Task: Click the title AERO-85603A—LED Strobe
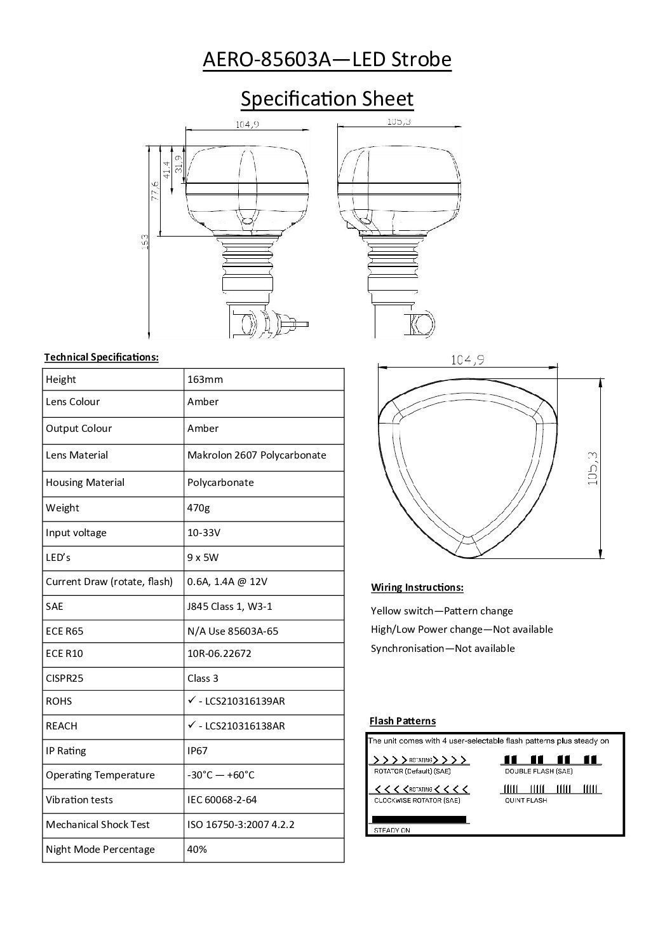pyautogui.click(x=326, y=60)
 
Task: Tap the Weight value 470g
pyautogui.click(x=198, y=507)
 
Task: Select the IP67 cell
pyautogui.click(x=198, y=750)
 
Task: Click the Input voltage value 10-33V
pyautogui.click(x=204, y=532)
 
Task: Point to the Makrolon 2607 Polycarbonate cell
pyautogui.click(x=257, y=455)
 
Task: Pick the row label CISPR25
pyautogui.click(x=64, y=678)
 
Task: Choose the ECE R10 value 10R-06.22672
pyautogui.click(x=219, y=653)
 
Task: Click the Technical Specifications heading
pyautogui.click(x=101, y=357)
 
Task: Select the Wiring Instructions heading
pyautogui.click(x=417, y=587)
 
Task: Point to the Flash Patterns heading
pyautogui.click(x=403, y=721)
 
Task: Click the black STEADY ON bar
pyautogui.click(x=419, y=820)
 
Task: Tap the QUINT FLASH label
pyautogui.click(x=526, y=800)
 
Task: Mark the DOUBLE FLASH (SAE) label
pyautogui.click(x=539, y=771)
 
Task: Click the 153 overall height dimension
pyautogui.click(x=145, y=242)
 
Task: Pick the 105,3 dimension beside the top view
pyautogui.click(x=593, y=468)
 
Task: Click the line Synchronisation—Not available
pyautogui.click(x=443, y=648)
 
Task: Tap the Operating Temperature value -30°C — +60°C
pyautogui.click(x=221, y=775)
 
